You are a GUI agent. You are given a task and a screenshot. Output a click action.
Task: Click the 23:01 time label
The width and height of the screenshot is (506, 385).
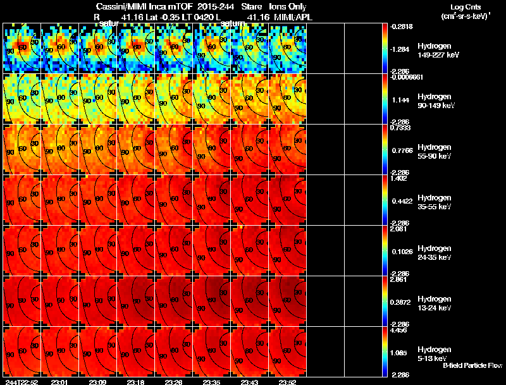[x=59, y=382]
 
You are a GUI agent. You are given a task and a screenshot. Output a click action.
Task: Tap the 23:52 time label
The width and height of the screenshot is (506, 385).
[x=288, y=382]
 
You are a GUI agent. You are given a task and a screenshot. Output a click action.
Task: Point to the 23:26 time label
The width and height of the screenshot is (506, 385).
[x=174, y=382]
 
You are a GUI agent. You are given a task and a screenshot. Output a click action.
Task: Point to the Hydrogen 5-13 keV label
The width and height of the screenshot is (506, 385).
[x=434, y=353]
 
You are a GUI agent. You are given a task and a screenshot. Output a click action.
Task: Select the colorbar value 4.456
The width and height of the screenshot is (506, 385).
[x=398, y=330]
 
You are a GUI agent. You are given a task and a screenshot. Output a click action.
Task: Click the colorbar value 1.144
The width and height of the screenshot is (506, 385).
[x=398, y=100]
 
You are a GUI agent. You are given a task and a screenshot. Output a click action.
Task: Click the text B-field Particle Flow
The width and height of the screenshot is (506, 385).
[x=472, y=365]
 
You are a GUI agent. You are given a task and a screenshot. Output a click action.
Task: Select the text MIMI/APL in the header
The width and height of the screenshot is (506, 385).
[x=290, y=17]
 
